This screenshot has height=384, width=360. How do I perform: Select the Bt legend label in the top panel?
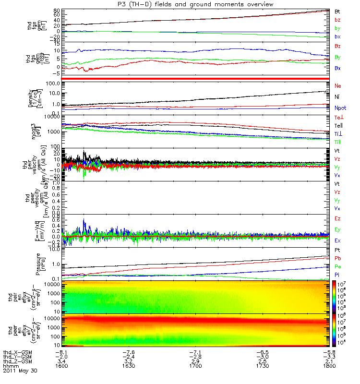tap(337, 11)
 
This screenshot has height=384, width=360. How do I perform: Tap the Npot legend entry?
tap(340, 108)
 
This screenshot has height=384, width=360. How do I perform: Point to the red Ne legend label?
tap(338, 85)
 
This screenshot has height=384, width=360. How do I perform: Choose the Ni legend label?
tap(337, 97)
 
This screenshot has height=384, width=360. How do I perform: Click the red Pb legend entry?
tap(338, 259)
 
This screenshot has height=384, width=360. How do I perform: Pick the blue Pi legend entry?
tap(337, 275)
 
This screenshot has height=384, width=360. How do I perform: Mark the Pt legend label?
tap(337, 251)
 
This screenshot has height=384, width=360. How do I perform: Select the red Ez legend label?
tap(338, 218)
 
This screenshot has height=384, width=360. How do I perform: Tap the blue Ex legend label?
tap(338, 240)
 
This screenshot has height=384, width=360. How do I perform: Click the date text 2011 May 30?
tap(19, 371)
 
